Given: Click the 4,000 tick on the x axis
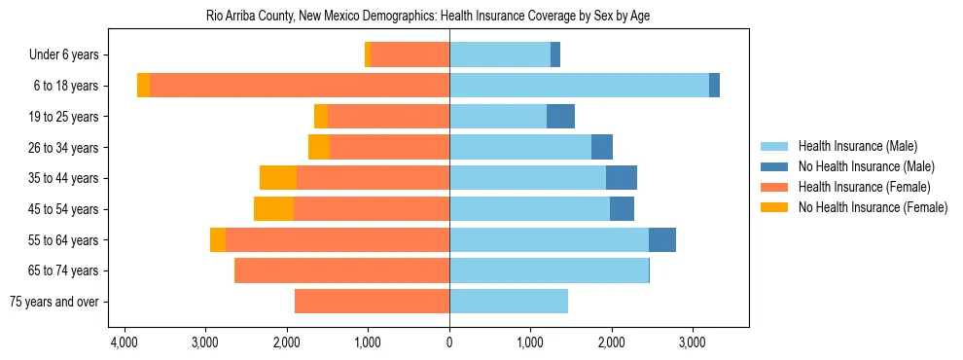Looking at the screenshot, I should [124, 343].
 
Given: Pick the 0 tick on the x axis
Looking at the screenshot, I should [449, 343].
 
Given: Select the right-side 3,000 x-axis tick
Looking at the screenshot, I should [692, 343].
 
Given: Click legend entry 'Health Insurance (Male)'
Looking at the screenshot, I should [857, 146].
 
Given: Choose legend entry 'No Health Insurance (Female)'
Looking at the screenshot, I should [873, 207].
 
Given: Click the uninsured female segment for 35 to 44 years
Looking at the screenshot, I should [278, 178].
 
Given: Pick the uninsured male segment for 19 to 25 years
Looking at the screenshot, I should [560, 117].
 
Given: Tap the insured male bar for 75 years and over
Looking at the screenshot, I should [509, 302].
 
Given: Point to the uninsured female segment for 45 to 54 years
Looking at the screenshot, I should [273, 209].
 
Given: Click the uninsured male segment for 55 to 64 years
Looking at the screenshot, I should [662, 239].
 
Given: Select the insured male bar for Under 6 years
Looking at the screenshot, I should [500, 55].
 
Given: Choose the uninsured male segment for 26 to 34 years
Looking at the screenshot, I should [602, 147].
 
